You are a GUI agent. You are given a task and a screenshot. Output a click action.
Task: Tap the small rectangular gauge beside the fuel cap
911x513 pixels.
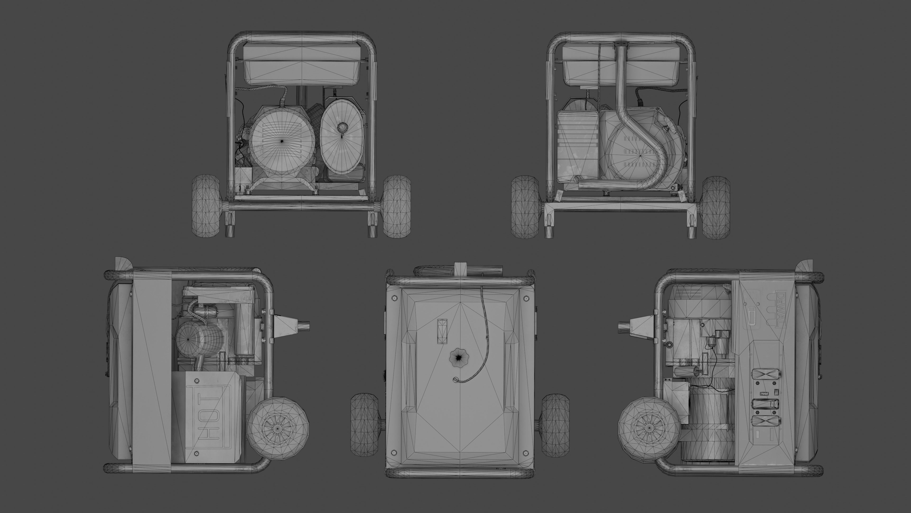442,331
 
